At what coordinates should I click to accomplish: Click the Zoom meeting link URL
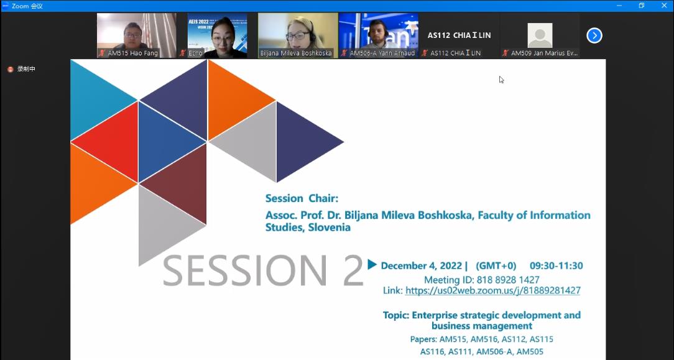pos(492,290)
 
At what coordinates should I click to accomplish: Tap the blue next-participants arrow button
pos(594,35)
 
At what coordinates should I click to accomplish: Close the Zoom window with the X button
pos(664,6)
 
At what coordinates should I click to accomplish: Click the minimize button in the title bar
pos(619,6)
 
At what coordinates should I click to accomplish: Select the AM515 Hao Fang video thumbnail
pos(137,35)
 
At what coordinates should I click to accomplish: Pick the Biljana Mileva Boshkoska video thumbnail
pos(298,35)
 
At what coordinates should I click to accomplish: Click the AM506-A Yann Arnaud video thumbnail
pos(379,35)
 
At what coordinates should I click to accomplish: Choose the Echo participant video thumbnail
pos(218,35)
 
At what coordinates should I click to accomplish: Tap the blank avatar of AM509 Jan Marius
pos(540,35)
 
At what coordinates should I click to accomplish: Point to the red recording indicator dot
pos(11,69)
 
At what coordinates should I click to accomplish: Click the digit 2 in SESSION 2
pos(353,270)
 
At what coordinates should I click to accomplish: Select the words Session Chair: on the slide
pos(302,198)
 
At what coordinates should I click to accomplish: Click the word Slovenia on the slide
pos(330,228)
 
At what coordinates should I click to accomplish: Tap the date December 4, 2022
pos(422,266)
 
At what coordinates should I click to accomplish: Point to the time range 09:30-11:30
pos(556,265)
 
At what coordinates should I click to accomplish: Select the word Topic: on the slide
pos(396,315)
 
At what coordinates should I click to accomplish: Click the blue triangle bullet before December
pos(372,265)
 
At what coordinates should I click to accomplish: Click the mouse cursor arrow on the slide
pos(501,80)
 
